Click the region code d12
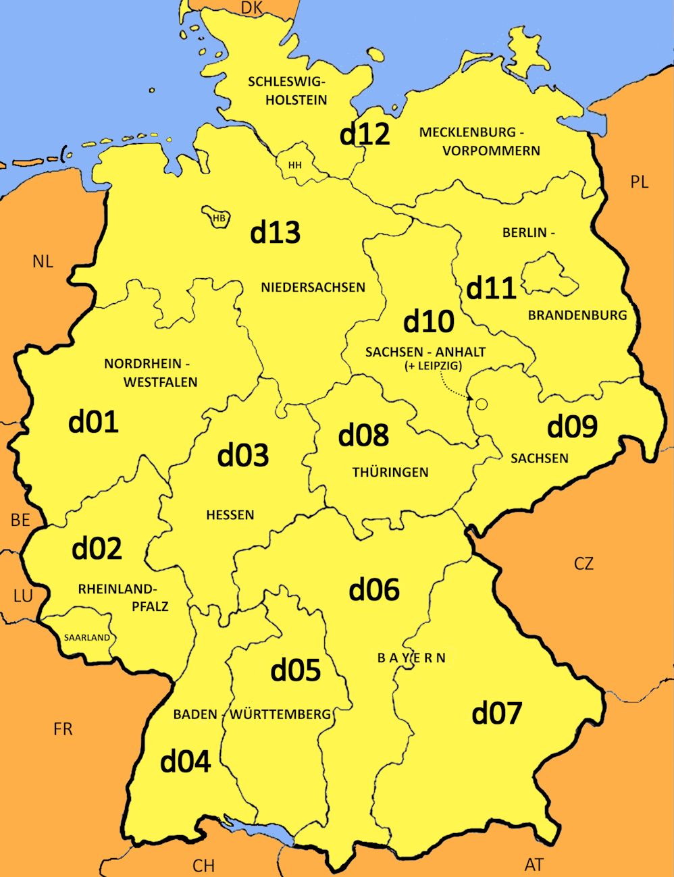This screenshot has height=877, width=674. (365, 134)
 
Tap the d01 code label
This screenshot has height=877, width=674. (94, 422)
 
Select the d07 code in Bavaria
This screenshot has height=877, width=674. (497, 713)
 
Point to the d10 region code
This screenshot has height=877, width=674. (429, 321)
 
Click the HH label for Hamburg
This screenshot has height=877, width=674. (295, 165)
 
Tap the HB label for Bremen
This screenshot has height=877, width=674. (218, 218)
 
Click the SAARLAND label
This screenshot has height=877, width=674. (87, 637)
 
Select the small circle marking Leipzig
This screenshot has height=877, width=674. (482, 404)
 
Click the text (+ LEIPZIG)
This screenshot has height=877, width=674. (433, 366)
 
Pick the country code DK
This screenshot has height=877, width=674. (251, 7)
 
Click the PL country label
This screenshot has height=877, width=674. (639, 182)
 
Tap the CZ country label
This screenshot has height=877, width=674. (584, 563)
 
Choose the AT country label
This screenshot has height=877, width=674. (534, 864)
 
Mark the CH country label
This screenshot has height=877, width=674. (203, 866)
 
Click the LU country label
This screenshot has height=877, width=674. (23, 595)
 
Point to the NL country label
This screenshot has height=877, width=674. (43, 261)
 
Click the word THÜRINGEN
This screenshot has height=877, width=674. (390, 472)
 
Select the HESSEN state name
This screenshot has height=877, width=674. (230, 515)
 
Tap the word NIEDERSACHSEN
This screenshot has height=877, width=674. (313, 287)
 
